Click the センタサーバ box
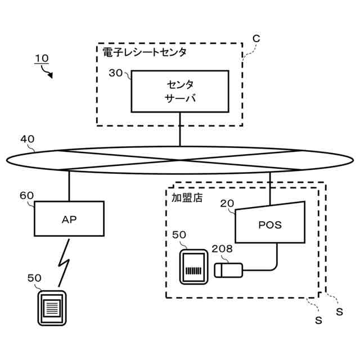pyautogui.click(x=180, y=91)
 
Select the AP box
pyautogui.click(x=69, y=219)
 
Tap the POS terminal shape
pyautogui.click(x=269, y=224)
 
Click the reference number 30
pyautogui.click(x=115, y=73)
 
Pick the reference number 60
pyautogui.click(x=26, y=195)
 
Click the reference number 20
pyautogui.click(x=227, y=204)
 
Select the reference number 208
pyautogui.click(x=222, y=248)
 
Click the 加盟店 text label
pyautogui.click(x=187, y=197)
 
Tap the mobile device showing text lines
pyautogui.click(x=52, y=308)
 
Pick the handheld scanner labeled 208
pyautogui.click(x=228, y=270)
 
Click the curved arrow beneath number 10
pyautogui.click(x=48, y=71)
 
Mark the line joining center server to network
pyautogui.click(x=180, y=129)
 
